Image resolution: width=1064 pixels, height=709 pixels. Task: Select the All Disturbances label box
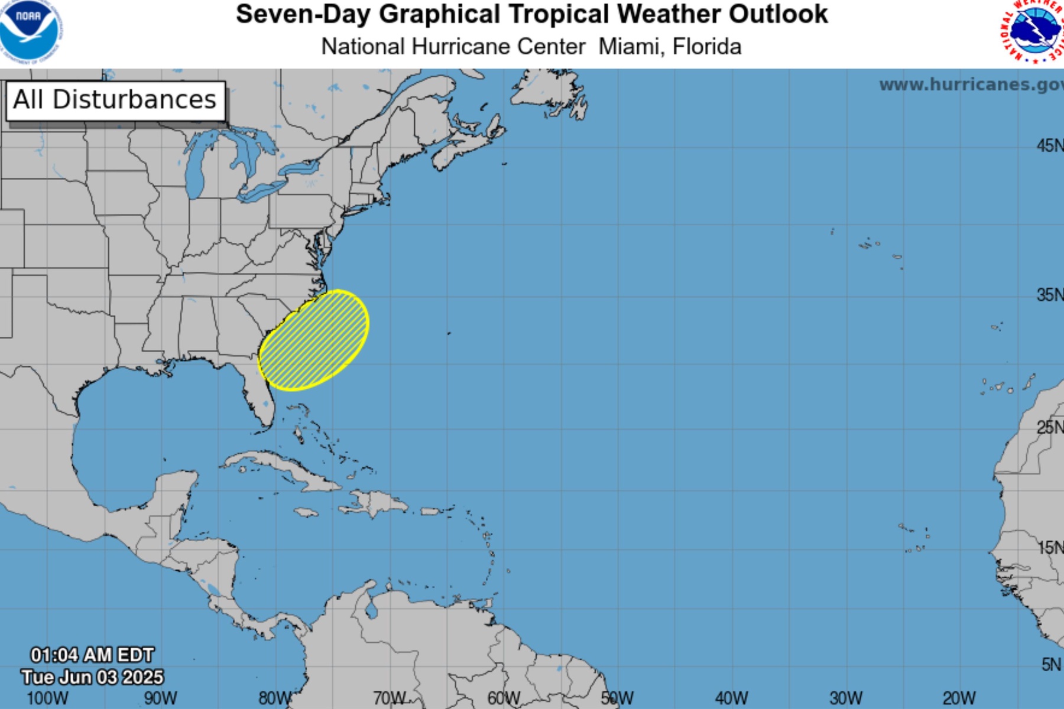115,100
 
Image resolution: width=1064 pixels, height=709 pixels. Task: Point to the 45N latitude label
1049,145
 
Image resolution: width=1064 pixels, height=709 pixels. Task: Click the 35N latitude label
1049,294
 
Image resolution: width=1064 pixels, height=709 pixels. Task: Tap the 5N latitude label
1051,665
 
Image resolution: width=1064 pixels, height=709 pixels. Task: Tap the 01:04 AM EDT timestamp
92,655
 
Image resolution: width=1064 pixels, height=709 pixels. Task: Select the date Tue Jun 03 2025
92,677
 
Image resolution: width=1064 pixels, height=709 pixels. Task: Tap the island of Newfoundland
547,92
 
